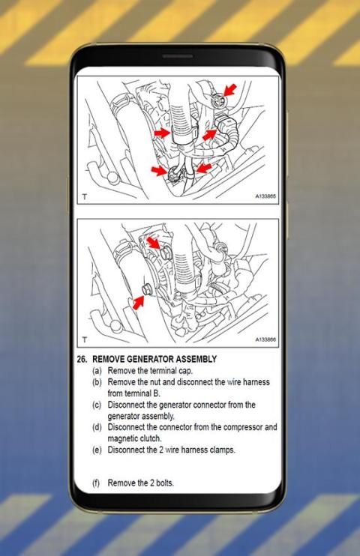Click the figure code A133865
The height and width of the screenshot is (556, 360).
pyautogui.click(x=265, y=196)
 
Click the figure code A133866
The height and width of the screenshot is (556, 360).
pyautogui.click(x=265, y=339)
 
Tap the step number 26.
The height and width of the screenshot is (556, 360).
pyautogui.click(x=82, y=359)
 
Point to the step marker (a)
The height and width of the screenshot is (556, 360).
pyautogui.click(x=97, y=371)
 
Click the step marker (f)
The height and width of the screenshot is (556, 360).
pyautogui.click(x=96, y=483)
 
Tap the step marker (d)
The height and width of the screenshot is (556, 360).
pyautogui.click(x=97, y=427)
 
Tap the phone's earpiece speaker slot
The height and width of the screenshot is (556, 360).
pyautogui.click(x=178, y=56)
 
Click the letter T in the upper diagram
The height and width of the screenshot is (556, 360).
pyautogui.click(x=85, y=196)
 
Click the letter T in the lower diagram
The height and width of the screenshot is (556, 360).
pyautogui.click(x=85, y=339)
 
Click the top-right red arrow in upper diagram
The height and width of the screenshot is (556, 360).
pyautogui.click(x=229, y=89)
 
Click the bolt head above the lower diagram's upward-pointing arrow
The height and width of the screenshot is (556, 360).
pyautogui.click(x=147, y=290)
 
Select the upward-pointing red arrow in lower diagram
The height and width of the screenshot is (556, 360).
pyautogui.click(x=139, y=303)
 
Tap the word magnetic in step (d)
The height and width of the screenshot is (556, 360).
pyautogui.click(x=123, y=438)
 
